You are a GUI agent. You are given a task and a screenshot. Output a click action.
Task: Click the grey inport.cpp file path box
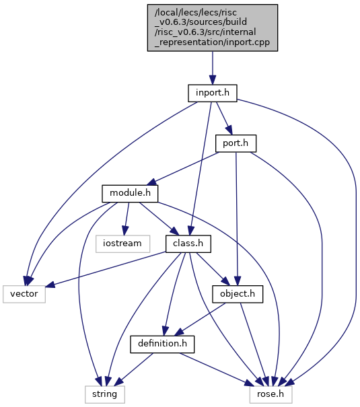click(213, 28)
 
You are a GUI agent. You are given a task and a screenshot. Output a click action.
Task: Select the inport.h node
click(213, 93)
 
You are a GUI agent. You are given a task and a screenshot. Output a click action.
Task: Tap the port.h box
click(236, 143)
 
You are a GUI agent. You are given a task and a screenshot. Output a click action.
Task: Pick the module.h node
click(130, 193)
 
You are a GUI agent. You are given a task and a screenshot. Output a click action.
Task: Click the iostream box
click(122, 244)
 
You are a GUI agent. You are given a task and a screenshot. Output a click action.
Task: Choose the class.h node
click(188, 244)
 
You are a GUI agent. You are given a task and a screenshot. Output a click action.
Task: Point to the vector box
click(24, 294)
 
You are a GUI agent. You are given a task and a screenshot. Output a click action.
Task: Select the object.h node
click(238, 294)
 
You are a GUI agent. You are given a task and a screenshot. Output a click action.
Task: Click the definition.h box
click(162, 344)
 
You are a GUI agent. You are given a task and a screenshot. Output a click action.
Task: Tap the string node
click(104, 394)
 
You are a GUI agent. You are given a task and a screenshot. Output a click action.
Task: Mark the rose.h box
click(271, 394)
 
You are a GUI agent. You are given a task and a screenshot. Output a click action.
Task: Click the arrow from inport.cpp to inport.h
click(213, 68)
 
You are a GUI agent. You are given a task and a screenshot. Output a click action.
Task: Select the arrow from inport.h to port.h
click(224, 118)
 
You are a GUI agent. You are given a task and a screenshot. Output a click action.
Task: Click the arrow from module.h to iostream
click(127, 219)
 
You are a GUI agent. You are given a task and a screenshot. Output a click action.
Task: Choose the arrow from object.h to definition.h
click(200, 320)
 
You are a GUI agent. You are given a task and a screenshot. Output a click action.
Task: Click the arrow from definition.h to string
click(134, 369)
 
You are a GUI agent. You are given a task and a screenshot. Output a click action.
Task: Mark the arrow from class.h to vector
click(106, 270)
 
